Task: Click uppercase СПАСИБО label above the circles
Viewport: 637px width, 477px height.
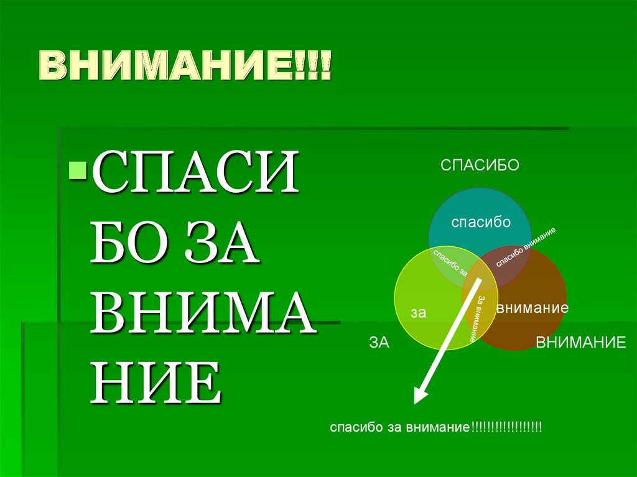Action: click(x=480, y=165)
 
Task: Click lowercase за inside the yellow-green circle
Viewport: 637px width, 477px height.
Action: click(x=418, y=313)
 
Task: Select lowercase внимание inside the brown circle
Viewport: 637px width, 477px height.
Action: click(x=532, y=307)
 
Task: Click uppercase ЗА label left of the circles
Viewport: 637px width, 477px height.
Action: click(x=379, y=342)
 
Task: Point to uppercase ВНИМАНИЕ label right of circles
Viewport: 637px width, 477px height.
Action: click(x=581, y=342)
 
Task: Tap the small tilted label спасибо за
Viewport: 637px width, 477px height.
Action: click(x=449, y=262)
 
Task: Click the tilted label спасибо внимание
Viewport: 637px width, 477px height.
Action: click(x=526, y=247)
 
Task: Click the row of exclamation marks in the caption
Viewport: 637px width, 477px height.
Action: click(x=506, y=428)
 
